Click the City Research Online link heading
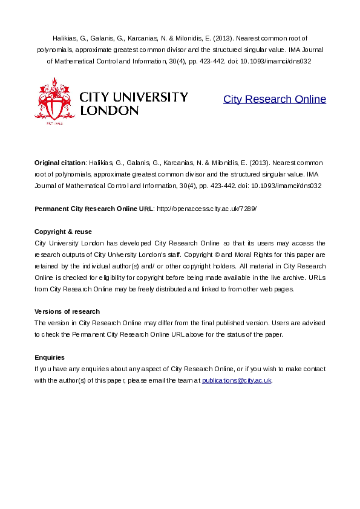(x=274, y=100)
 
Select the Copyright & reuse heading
(x=64, y=232)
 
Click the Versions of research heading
(x=67, y=311)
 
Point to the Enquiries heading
(x=50, y=357)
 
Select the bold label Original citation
(x=60, y=163)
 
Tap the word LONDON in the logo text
(x=110, y=111)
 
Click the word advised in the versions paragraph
(x=313, y=323)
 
